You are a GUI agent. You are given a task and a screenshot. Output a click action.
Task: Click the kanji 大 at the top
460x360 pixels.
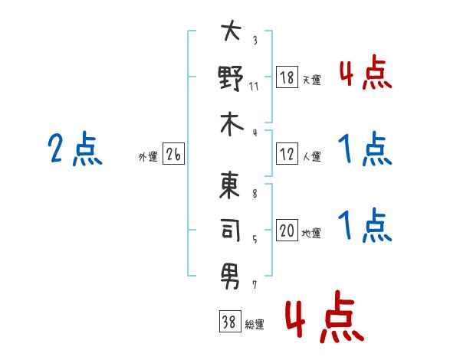[x=232, y=30]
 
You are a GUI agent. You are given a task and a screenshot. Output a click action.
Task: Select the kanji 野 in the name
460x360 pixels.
[x=231, y=78]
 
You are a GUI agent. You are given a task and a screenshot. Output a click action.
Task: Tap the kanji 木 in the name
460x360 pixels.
[x=232, y=125]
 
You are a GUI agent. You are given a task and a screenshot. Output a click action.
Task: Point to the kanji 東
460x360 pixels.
[x=230, y=185]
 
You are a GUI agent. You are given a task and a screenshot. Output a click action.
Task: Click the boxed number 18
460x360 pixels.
[x=287, y=77]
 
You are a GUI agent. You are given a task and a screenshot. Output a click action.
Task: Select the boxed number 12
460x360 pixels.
[x=287, y=154]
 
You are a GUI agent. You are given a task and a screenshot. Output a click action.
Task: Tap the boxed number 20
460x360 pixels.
[x=287, y=230]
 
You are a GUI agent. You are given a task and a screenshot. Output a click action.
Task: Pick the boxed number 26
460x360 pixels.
[x=173, y=154]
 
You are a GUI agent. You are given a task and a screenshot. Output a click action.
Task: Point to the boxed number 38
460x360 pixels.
[x=230, y=321]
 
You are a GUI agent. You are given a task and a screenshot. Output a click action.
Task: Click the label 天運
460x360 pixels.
[x=312, y=80]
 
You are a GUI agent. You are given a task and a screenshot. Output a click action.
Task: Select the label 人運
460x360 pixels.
[x=312, y=156]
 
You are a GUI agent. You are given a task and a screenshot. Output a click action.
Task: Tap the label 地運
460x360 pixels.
[x=311, y=233]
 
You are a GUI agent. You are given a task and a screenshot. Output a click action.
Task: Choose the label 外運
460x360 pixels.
[x=148, y=156]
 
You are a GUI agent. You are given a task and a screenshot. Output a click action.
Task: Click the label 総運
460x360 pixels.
[x=255, y=324]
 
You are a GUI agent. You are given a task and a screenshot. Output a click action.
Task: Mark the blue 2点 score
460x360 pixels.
[x=75, y=149]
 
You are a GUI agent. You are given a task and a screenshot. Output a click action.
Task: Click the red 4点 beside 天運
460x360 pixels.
[x=366, y=72]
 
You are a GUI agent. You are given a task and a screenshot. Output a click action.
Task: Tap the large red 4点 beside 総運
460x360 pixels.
[x=325, y=316]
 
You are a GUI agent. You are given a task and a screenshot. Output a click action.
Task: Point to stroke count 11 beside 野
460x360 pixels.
[x=254, y=87]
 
